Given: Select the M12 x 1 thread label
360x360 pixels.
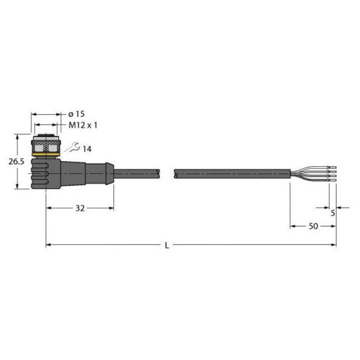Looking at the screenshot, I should [82, 125].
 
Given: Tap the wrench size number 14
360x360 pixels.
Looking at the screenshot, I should [87, 149].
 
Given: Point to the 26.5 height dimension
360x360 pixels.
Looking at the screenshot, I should [16, 162].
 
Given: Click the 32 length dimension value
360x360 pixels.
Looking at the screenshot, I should [80, 208].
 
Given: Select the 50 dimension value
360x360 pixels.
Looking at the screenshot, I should [313, 226].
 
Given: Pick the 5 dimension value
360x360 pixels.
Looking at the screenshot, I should [333, 213].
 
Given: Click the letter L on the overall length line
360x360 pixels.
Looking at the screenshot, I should [166, 246].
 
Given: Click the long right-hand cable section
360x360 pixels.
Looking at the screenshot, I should [232, 174].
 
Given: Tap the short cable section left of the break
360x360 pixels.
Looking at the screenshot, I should [137, 174].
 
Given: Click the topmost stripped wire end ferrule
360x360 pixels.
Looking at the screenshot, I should [332, 168].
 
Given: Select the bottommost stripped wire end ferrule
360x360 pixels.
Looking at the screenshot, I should [332, 180].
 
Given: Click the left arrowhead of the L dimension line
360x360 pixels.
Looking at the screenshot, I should [48, 245].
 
